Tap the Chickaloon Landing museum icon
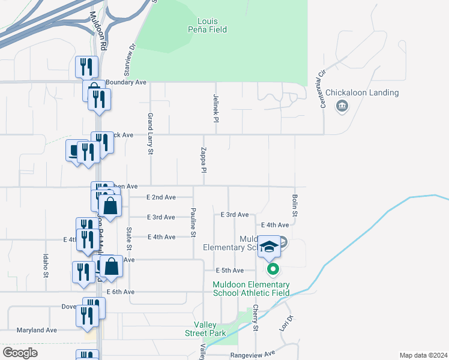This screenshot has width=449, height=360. (342, 107)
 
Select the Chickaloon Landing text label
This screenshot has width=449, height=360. (362, 92)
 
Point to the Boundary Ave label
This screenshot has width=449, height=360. (126, 82)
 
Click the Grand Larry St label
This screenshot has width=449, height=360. (150, 134)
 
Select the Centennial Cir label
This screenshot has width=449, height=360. (321, 78)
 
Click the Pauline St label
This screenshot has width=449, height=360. (193, 223)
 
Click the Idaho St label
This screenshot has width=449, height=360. (46, 266)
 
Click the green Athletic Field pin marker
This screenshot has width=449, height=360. (273, 269)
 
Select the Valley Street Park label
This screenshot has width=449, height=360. (205, 329)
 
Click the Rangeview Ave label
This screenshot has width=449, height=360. (252, 354)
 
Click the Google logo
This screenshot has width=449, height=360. (20, 353)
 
